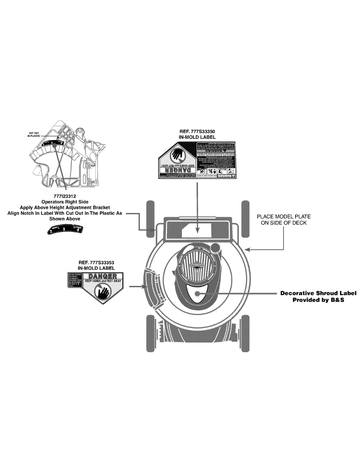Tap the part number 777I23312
point(65,196)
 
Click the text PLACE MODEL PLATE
point(283,216)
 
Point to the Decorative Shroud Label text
point(318,293)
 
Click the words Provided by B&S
point(318,300)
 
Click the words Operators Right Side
point(65,202)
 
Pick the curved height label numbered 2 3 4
point(65,229)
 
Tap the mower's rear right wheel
point(245,219)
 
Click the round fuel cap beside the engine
point(216,248)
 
